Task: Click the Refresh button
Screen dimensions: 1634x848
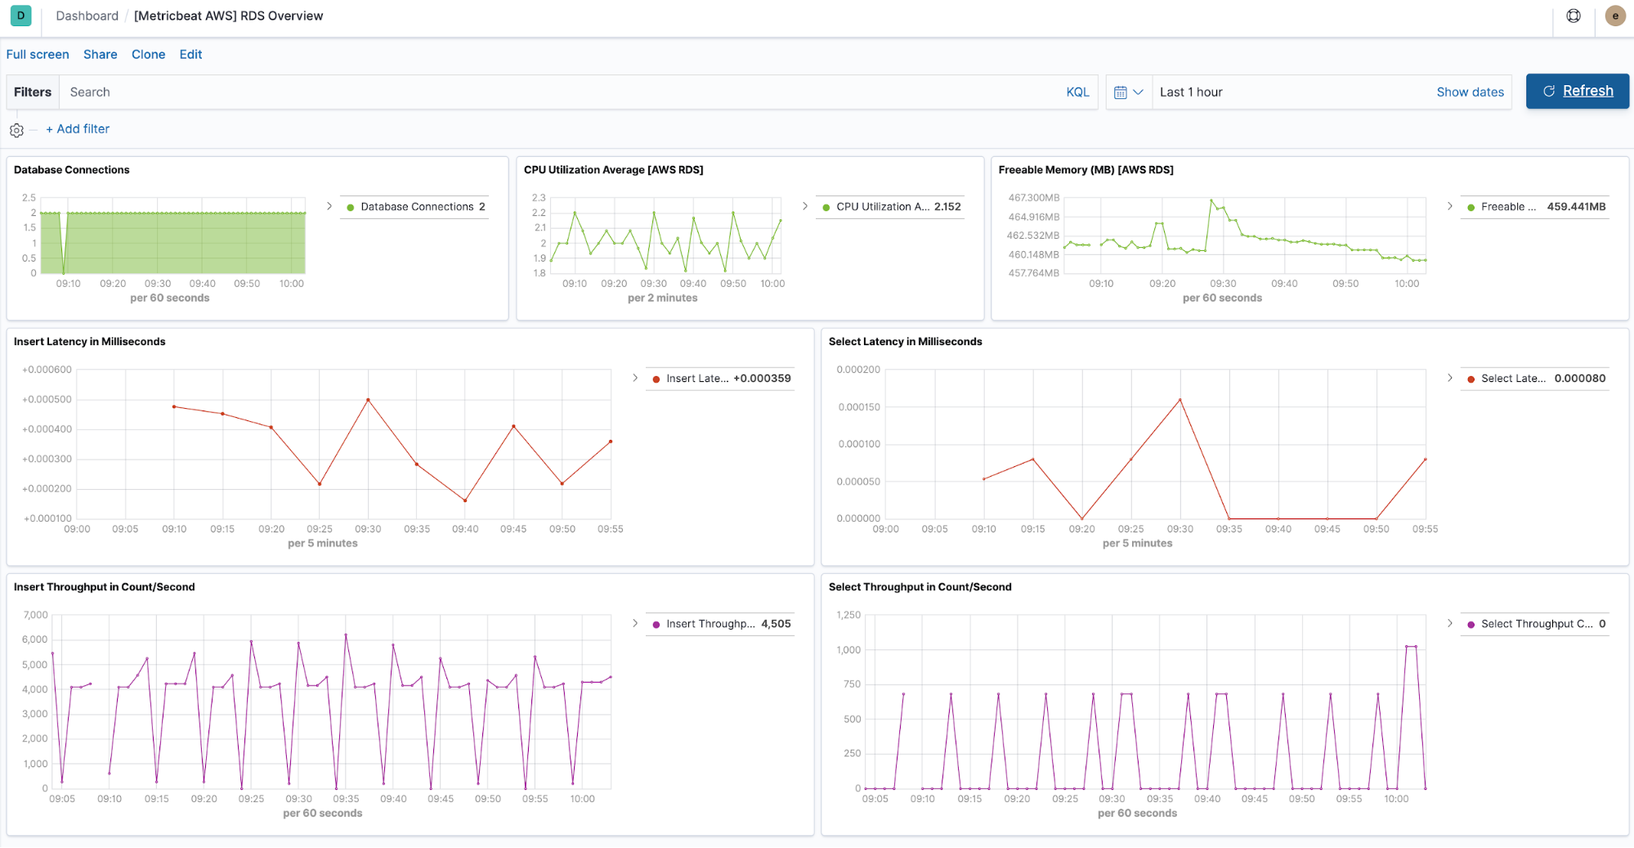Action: (1577, 91)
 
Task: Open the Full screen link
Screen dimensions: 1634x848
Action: (38, 54)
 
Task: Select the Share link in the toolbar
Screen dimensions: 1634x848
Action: (100, 54)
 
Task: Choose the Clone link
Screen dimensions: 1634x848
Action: (148, 54)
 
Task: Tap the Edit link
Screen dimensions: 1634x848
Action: (190, 54)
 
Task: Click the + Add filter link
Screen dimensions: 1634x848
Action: (78, 128)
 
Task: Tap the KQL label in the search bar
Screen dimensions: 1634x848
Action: (1077, 92)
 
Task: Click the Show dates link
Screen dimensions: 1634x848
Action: (1470, 92)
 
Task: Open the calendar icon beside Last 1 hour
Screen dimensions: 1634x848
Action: (1121, 92)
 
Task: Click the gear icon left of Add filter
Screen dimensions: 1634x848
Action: (16, 130)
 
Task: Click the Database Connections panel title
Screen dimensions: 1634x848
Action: (72, 169)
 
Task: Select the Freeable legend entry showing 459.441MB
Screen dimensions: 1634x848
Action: (1537, 207)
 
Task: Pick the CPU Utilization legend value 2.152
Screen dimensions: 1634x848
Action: (947, 207)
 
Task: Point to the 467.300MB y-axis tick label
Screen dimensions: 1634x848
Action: (1033, 198)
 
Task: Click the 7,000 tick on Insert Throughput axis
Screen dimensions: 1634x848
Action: (36, 615)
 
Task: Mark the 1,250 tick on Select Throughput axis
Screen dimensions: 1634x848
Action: (848, 615)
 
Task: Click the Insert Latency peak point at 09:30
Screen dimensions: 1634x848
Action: (368, 400)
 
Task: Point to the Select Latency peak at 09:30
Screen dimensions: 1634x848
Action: (1180, 400)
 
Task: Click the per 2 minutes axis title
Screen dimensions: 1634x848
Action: (662, 298)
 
